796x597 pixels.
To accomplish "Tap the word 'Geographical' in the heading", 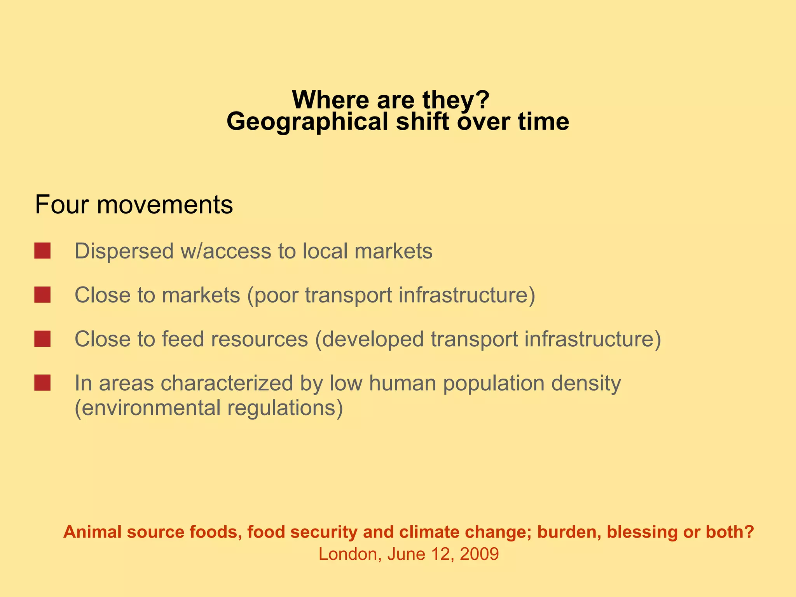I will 307,122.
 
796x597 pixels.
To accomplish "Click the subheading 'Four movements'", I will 134,205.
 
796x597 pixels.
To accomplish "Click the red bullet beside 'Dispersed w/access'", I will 42,251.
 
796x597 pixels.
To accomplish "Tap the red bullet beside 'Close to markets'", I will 42,295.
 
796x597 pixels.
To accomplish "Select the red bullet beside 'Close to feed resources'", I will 42,339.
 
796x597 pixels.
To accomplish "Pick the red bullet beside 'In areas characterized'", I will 42,383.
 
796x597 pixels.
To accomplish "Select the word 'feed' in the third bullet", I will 183,339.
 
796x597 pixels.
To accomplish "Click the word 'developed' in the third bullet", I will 373,339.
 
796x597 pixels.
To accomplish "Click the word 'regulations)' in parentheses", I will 285,408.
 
